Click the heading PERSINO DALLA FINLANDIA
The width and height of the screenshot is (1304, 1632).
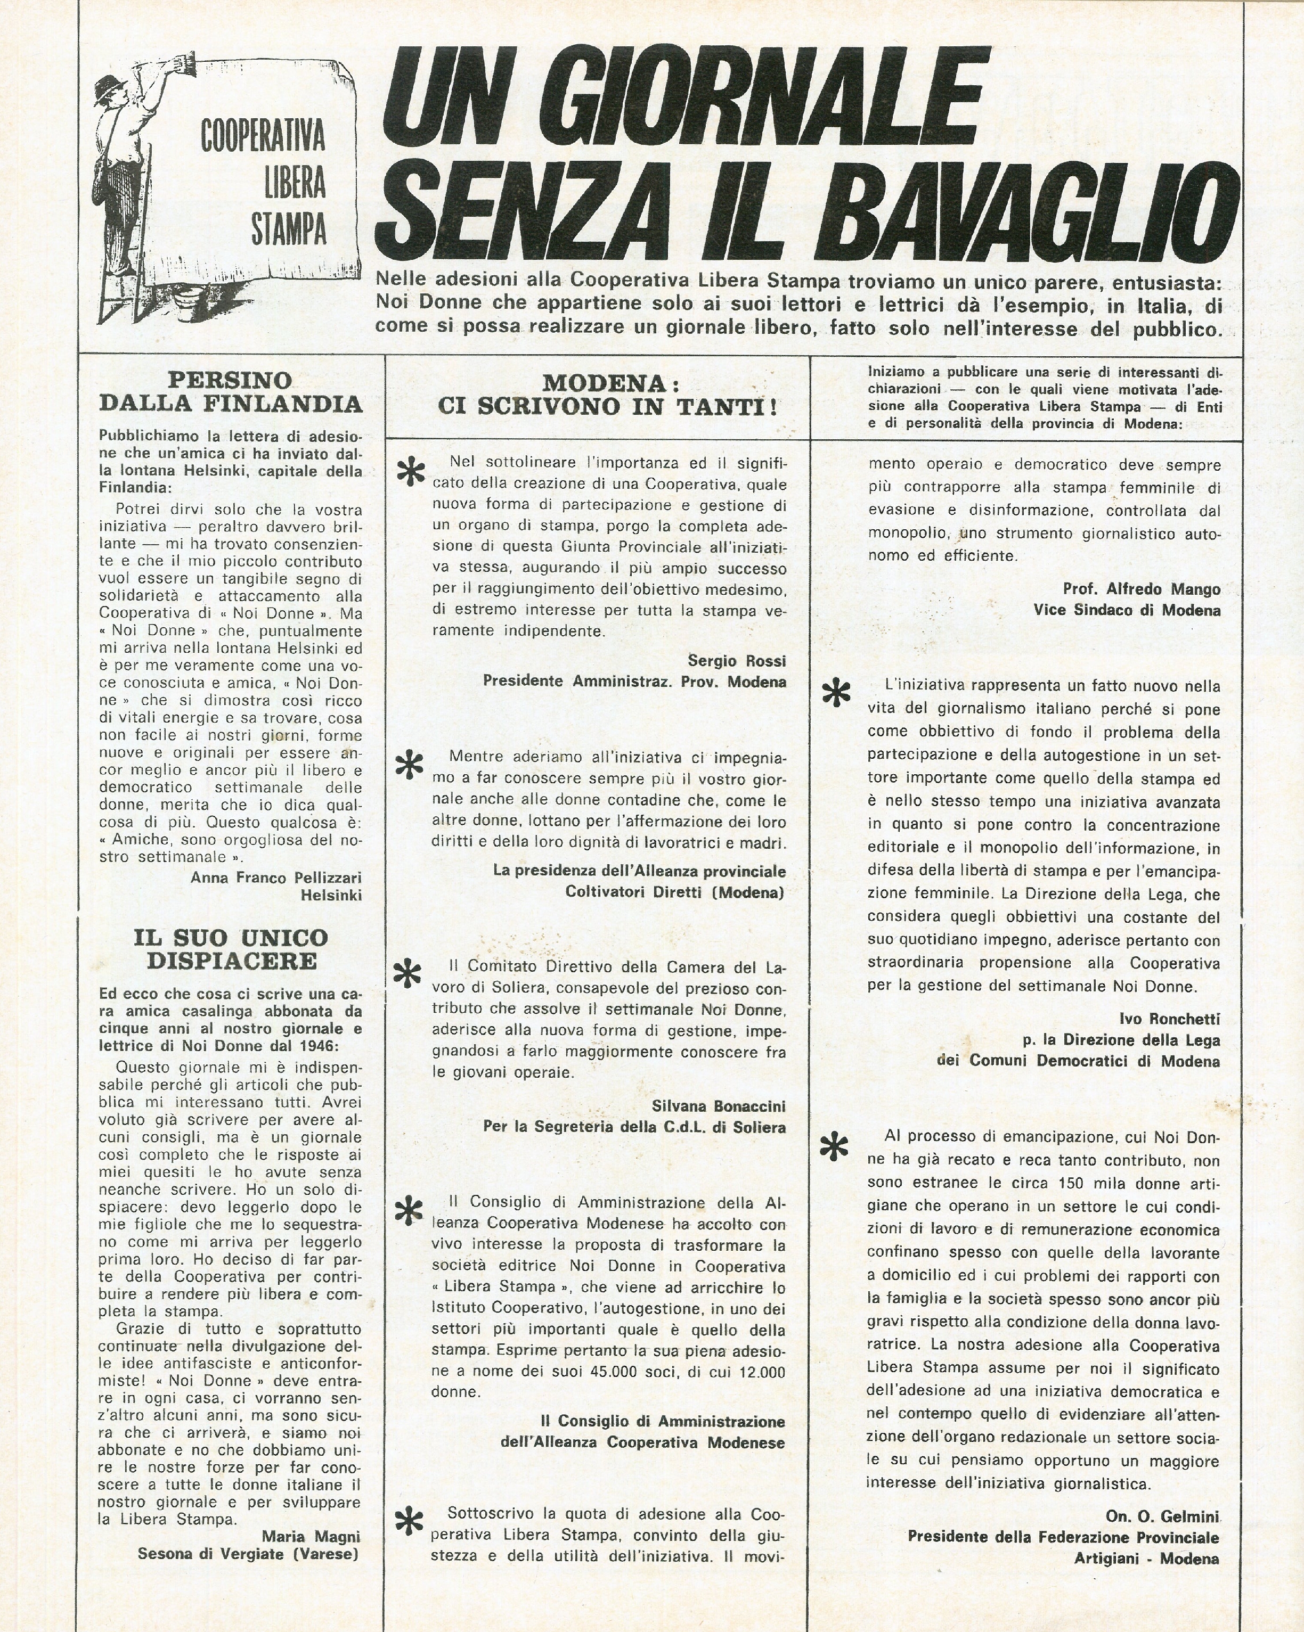[x=230, y=391]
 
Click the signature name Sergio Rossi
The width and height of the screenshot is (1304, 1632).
[x=737, y=661]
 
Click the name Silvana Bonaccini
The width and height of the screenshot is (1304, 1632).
[x=718, y=1106]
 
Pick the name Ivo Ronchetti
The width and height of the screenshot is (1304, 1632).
[x=1169, y=1019]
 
